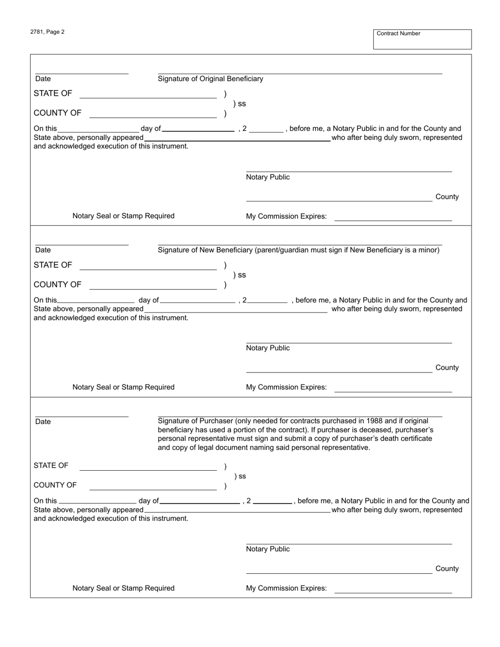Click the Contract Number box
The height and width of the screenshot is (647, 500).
click(x=422, y=39)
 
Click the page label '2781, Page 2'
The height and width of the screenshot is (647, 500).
click(x=47, y=32)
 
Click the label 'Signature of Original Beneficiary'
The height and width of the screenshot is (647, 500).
click(x=211, y=79)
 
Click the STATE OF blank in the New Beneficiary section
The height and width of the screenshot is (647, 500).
click(x=148, y=266)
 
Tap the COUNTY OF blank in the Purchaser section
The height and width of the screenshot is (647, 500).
click(x=153, y=487)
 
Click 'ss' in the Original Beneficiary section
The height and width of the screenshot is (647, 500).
click(x=242, y=104)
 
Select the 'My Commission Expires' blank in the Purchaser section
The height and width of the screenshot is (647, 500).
click(x=393, y=590)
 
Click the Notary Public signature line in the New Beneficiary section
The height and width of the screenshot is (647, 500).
click(x=348, y=340)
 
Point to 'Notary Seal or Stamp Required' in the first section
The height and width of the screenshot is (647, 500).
click(x=124, y=216)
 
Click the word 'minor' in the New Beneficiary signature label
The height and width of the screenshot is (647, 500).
click(x=427, y=250)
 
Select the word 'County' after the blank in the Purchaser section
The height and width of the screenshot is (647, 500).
click(x=447, y=569)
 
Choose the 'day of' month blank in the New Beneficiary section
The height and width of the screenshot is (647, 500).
click(x=198, y=301)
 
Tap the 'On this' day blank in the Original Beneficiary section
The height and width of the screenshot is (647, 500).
click(x=98, y=129)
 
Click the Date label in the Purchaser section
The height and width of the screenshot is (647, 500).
click(x=43, y=422)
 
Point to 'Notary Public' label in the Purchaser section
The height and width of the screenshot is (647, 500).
click(x=268, y=549)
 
